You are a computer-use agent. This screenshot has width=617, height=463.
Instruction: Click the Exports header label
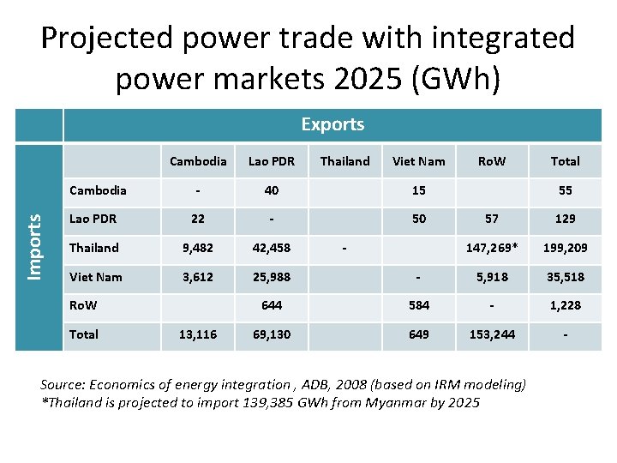pyautogui.click(x=332, y=124)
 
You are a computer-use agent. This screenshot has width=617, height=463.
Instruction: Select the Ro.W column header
pyautogui.click(x=492, y=160)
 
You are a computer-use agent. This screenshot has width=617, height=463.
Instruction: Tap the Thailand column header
pyautogui.click(x=344, y=160)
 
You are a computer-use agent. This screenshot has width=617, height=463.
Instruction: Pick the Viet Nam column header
pyautogui.click(x=418, y=160)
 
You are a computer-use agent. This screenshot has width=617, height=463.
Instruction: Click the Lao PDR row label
pyautogui.click(x=94, y=219)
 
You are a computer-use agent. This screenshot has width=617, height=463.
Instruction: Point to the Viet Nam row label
pyautogui.click(x=95, y=276)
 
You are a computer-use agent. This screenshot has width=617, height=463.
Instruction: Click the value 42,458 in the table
pyautogui.click(x=271, y=248)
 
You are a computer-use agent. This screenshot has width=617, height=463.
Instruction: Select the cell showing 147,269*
pyautogui.click(x=492, y=248)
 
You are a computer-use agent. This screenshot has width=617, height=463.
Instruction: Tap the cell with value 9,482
pyautogui.click(x=197, y=248)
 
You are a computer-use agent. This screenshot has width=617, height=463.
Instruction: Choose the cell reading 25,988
pyautogui.click(x=271, y=276)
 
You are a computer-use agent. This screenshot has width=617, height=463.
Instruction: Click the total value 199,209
pyautogui.click(x=565, y=248)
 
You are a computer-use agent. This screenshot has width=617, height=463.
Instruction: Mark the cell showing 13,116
pyautogui.click(x=197, y=334)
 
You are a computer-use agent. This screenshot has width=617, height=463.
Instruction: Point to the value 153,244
pyautogui.click(x=492, y=334)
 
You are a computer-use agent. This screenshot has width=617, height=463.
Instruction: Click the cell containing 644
pyautogui.click(x=271, y=305)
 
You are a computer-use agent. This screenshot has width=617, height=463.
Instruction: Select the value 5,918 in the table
pyautogui.click(x=492, y=276)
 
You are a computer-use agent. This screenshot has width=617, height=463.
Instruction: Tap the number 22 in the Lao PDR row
pyautogui.click(x=197, y=219)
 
